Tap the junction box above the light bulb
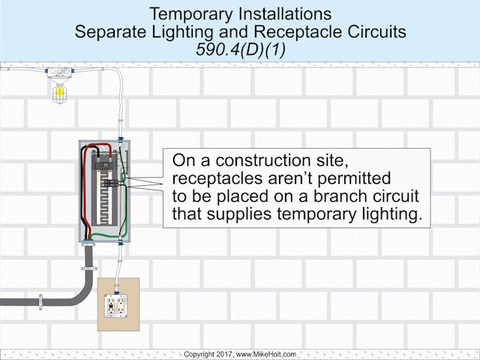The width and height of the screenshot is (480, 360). pos(58,73)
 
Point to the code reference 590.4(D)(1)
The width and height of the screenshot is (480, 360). pos(241,49)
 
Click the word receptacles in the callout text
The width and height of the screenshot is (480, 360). pos(220,179)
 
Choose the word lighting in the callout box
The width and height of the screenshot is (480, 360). pos(391,215)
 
